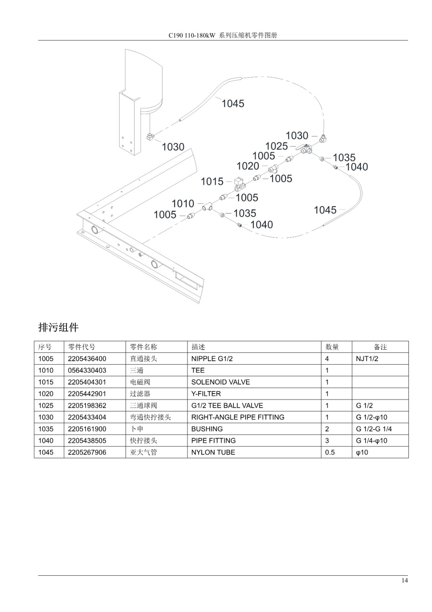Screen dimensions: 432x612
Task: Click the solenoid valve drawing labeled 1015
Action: (x=239, y=184)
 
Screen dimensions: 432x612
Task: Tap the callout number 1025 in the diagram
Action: (x=277, y=146)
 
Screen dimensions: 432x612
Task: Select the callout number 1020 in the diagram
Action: (x=248, y=166)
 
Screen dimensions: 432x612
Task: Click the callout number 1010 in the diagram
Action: (x=183, y=203)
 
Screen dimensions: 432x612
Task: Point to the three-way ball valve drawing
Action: (x=306, y=149)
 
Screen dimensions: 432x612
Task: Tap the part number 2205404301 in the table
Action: (x=87, y=382)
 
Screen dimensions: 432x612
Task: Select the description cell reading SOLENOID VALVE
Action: (x=220, y=382)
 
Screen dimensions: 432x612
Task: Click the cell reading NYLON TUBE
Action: (x=213, y=452)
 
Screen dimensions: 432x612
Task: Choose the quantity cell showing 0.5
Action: (x=330, y=452)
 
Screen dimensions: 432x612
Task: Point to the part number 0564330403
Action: (x=87, y=370)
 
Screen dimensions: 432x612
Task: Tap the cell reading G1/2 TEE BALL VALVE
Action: (x=227, y=405)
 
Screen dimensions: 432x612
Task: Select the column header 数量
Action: (x=332, y=347)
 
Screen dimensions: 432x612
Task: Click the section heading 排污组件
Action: (x=58, y=327)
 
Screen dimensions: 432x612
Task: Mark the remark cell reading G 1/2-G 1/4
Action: (x=374, y=429)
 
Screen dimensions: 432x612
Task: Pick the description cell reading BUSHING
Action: (x=207, y=429)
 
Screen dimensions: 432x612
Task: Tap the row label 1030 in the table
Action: (x=46, y=417)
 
